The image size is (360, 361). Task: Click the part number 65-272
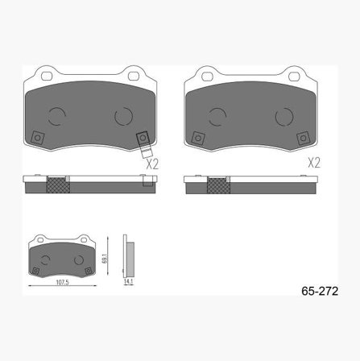click(320, 291)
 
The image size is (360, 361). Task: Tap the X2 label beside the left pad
click(152, 164)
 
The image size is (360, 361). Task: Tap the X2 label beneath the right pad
click(314, 163)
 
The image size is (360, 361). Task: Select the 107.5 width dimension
click(62, 282)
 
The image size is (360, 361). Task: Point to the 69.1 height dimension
click(106, 259)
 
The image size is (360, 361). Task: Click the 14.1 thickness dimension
click(128, 281)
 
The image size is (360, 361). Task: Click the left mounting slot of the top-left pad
click(47, 76)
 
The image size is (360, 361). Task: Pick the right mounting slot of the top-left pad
click(133, 76)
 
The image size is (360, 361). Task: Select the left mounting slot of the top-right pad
click(207, 77)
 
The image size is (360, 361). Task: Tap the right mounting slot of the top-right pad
click(294, 77)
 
